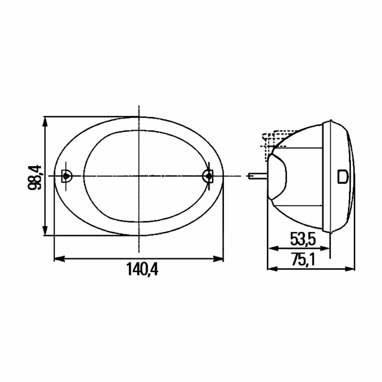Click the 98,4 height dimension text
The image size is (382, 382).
tap(35, 177)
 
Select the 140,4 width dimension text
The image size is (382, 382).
tap(142, 269)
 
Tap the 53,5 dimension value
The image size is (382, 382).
tap(303, 239)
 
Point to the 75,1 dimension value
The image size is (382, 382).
tap(303, 260)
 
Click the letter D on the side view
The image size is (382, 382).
tap(342, 176)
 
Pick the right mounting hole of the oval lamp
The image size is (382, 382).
tap(208, 175)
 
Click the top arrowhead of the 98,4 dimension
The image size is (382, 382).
tap(45, 122)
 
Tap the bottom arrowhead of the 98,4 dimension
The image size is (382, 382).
tap(45, 231)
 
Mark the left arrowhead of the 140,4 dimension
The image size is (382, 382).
tap(59, 259)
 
